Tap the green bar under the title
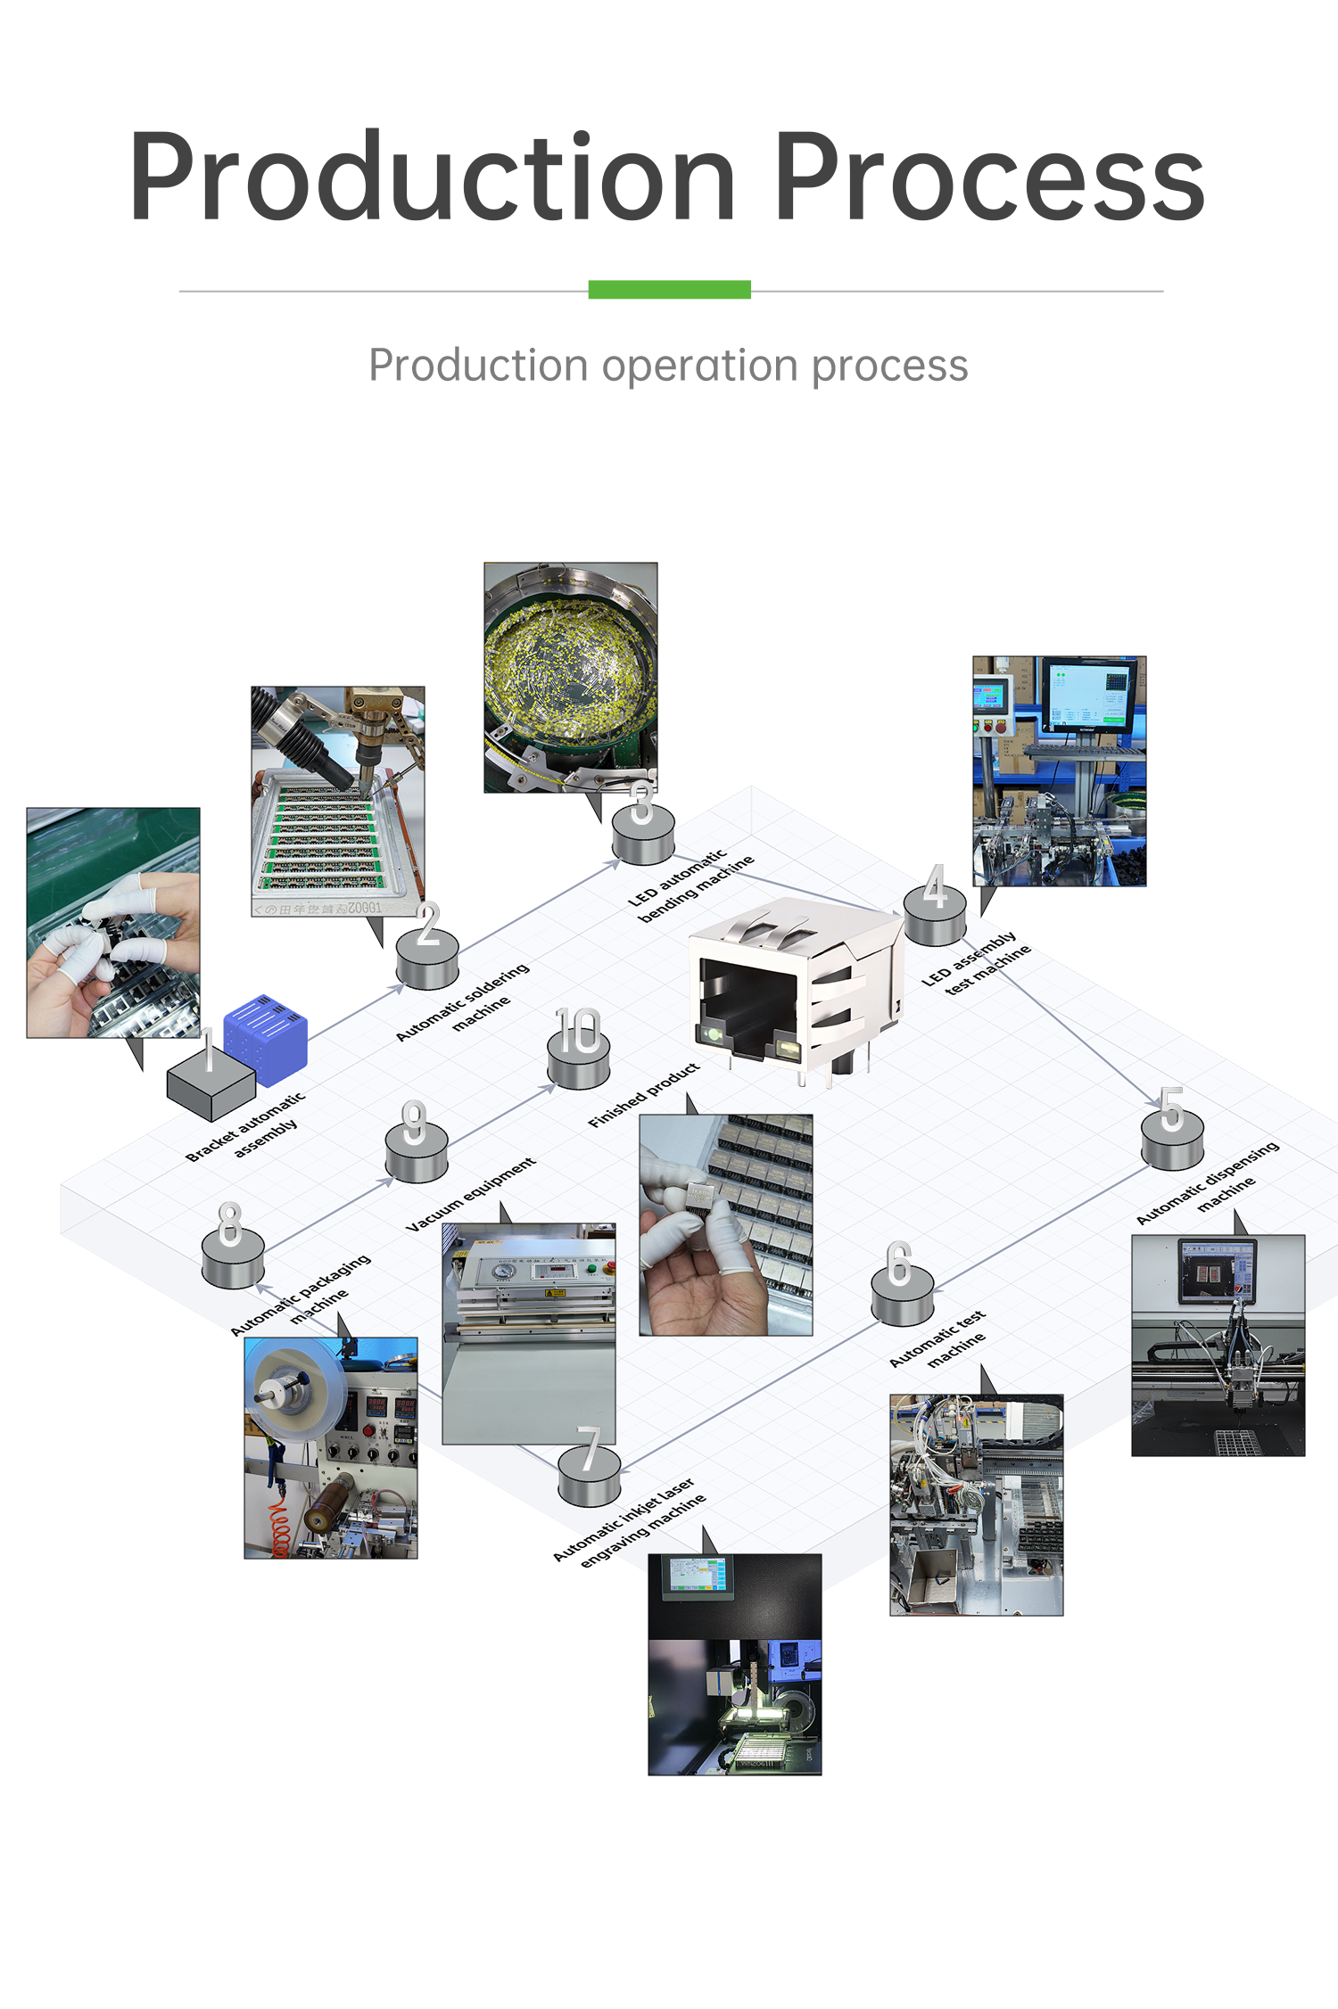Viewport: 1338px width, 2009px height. point(669,289)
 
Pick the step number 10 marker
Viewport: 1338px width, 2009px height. point(579,1052)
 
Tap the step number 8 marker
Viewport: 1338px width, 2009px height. point(232,1248)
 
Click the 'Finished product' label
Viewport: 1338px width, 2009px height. point(644,1095)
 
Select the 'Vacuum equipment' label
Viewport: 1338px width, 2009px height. point(471,1195)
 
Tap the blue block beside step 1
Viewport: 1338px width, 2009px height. point(266,1035)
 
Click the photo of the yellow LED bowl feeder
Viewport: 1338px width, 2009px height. point(570,677)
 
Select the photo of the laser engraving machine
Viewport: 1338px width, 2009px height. point(734,1664)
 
